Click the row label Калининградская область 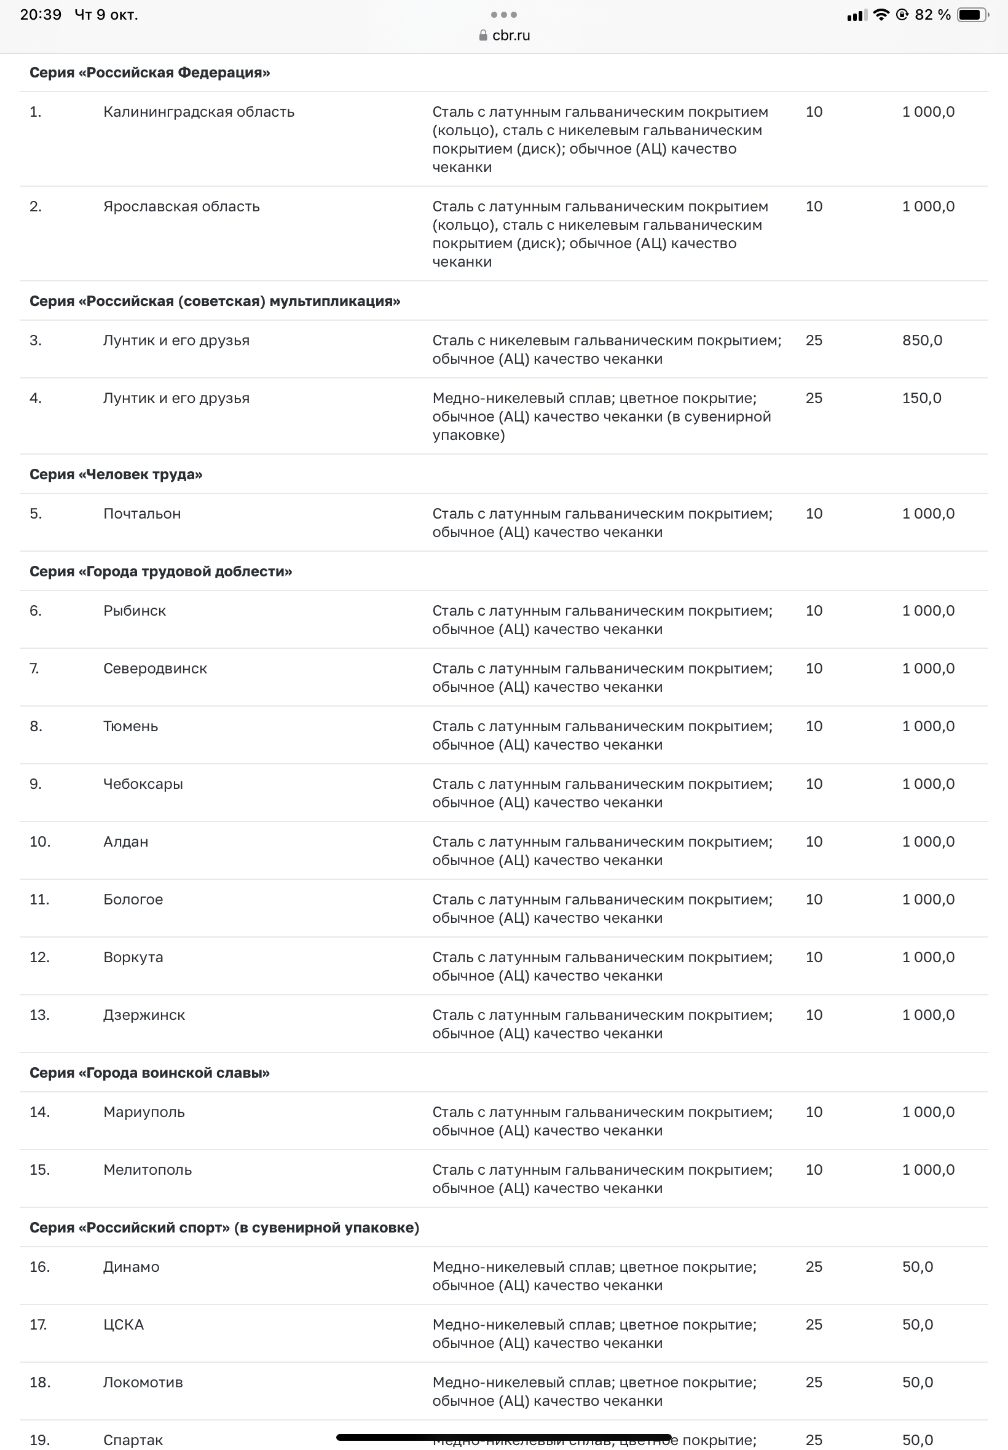click(x=199, y=112)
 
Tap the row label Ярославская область click(x=181, y=206)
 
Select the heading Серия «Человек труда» click(x=116, y=474)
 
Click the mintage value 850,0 click(x=921, y=340)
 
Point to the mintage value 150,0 click(x=921, y=398)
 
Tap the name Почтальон click(x=142, y=514)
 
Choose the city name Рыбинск click(x=135, y=611)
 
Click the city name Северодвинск click(x=155, y=668)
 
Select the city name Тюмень click(x=130, y=727)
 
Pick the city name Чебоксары click(x=143, y=784)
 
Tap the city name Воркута click(x=133, y=958)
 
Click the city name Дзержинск click(x=144, y=1015)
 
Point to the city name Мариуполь click(x=144, y=1112)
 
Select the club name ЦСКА click(x=123, y=1325)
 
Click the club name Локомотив click(x=143, y=1382)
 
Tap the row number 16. click(x=39, y=1267)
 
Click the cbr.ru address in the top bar click(x=510, y=36)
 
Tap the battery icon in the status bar click(x=972, y=15)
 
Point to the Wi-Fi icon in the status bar click(x=880, y=15)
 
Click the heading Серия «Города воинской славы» click(x=149, y=1073)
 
